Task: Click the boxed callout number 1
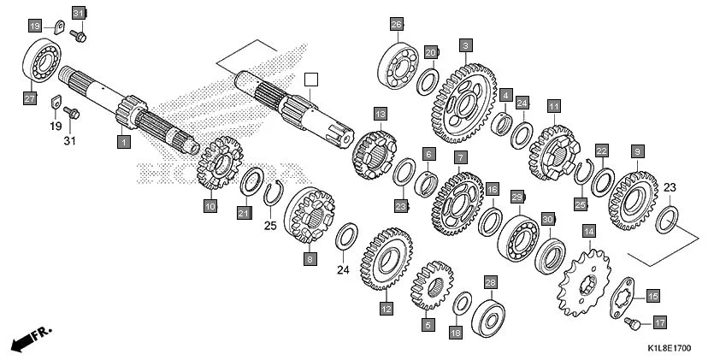[123, 141]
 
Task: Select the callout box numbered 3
[465, 44]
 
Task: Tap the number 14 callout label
[588, 231]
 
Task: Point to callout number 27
[29, 99]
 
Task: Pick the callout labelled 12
[386, 308]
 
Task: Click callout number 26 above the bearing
[396, 24]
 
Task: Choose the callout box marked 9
[636, 151]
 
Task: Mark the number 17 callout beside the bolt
[659, 323]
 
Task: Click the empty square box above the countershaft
[311, 80]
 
